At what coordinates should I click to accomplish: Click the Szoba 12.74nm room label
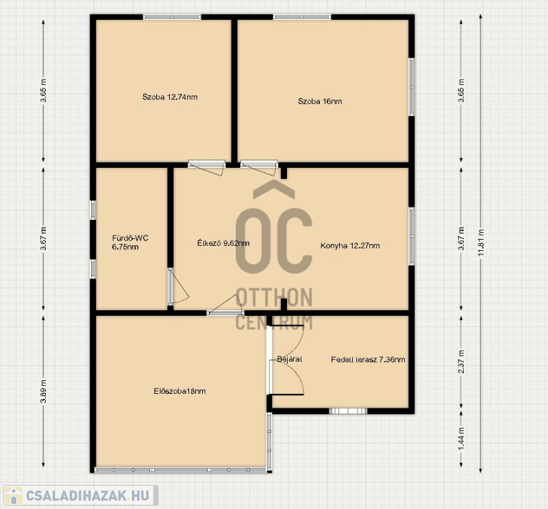tap(170, 97)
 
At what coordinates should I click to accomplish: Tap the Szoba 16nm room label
tap(320, 101)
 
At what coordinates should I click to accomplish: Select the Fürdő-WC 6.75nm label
tap(130, 243)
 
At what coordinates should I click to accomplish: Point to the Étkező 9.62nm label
tap(223, 243)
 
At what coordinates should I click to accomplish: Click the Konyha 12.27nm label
tap(350, 245)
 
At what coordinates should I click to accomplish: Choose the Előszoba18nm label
tap(179, 391)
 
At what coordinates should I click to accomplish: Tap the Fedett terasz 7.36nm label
tap(368, 360)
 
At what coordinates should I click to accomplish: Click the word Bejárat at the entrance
tap(289, 359)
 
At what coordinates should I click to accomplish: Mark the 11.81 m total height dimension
tap(481, 243)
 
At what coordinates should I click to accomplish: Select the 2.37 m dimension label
tap(461, 362)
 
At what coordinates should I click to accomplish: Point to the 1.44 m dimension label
tap(461, 439)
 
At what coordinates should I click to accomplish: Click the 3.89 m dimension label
tap(43, 391)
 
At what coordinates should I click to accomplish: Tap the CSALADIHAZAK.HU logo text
tap(88, 495)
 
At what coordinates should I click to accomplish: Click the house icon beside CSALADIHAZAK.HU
tap(13, 495)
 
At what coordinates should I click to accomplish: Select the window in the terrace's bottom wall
tap(348, 411)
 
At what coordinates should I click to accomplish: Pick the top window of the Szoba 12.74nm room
tap(172, 16)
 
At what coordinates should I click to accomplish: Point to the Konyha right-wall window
tap(412, 236)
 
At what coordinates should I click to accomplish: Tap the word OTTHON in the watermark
tap(274, 297)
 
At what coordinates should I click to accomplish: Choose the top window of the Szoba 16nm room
tap(302, 16)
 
